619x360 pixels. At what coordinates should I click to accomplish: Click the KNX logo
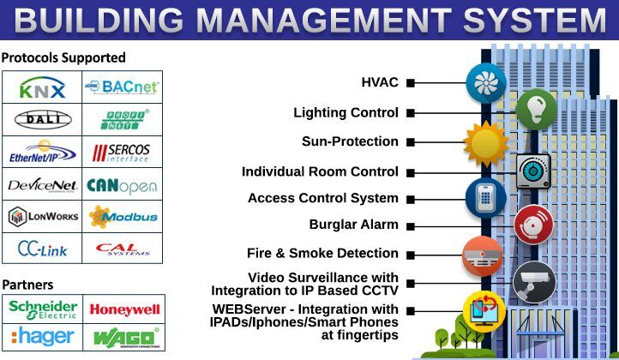[42, 87]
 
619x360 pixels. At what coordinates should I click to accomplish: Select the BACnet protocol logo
[122, 87]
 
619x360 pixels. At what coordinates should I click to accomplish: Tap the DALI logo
[42, 119]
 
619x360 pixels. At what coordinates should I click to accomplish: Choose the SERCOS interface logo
[122, 152]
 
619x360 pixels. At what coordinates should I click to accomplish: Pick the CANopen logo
[122, 183]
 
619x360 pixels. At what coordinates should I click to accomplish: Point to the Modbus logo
[122, 216]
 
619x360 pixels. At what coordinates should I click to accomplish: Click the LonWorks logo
[42, 216]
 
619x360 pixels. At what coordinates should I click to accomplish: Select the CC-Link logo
[42, 248]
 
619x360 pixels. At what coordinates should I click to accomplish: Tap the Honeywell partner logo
[124, 309]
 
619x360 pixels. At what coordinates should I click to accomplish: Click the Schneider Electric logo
[43, 309]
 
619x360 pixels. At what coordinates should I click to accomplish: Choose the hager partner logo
[43, 335]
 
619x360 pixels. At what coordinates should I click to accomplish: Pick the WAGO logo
[124, 335]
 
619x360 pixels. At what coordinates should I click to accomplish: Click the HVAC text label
[380, 82]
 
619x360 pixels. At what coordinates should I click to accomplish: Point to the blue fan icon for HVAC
[485, 82]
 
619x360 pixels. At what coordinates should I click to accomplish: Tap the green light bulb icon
[536, 109]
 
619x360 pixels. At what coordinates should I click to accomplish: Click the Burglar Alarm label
[353, 225]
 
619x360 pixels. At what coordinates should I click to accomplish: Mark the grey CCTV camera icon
[534, 282]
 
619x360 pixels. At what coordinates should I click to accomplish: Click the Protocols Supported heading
[63, 57]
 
